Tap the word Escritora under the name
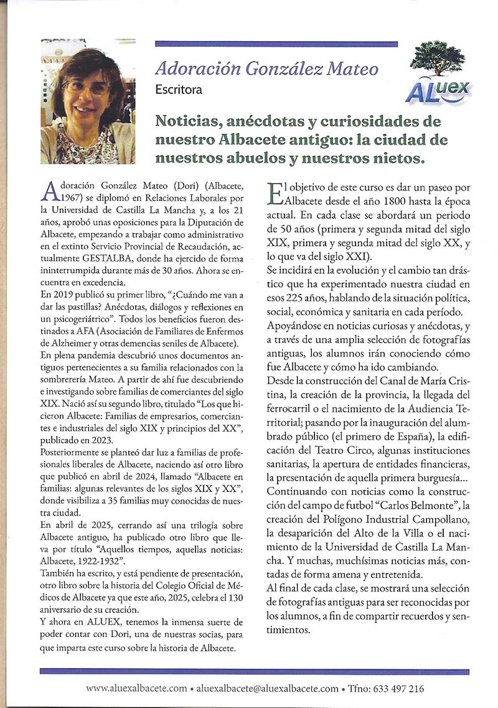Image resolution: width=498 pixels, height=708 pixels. pos(179,90)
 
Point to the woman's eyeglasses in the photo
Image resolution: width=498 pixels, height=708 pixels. pos(87,88)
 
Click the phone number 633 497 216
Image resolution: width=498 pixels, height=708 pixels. pos(393,688)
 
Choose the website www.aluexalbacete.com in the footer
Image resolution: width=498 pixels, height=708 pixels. pos(136,688)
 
